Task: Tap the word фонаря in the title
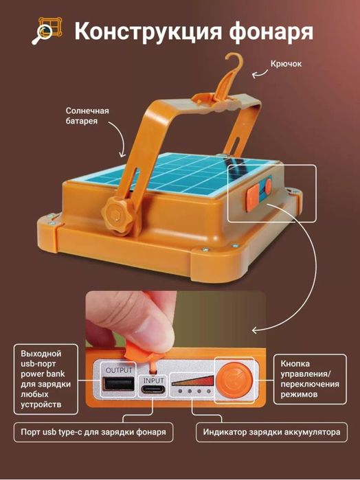click(271, 32)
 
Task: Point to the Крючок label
click(286, 64)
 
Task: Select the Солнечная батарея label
click(87, 116)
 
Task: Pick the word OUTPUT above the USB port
click(119, 370)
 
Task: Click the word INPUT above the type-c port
click(153, 380)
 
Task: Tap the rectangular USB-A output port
click(119, 384)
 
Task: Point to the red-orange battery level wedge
click(193, 380)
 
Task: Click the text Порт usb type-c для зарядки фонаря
click(93, 432)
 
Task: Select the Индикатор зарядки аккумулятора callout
click(271, 432)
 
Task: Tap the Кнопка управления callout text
click(310, 379)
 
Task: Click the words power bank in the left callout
click(43, 374)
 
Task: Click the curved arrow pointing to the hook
click(259, 73)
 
